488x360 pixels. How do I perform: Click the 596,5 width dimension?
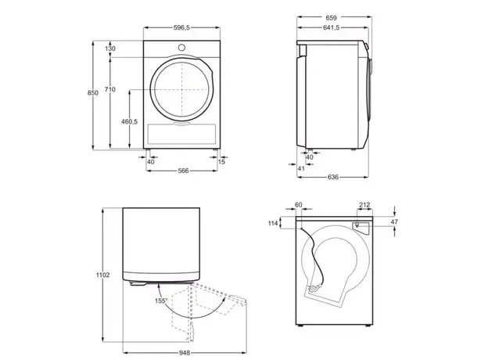[x=181, y=27]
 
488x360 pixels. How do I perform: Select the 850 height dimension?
[x=93, y=93]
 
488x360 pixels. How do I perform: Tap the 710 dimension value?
[x=110, y=90]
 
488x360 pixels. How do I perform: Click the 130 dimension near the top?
[x=110, y=49]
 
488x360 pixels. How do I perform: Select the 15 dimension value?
[x=221, y=162]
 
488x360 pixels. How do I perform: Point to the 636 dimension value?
[x=332, y=177]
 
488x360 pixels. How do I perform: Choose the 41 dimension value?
[x=301, y=168]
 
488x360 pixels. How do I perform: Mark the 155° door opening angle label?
[x=160, y=300]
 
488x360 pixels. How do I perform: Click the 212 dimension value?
[x=364, y=206]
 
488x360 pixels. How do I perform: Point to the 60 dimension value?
[x=298, y=206]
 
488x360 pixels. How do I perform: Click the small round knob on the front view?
[x=181, y=46]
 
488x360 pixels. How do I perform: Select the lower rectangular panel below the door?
[x=181, y=133]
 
